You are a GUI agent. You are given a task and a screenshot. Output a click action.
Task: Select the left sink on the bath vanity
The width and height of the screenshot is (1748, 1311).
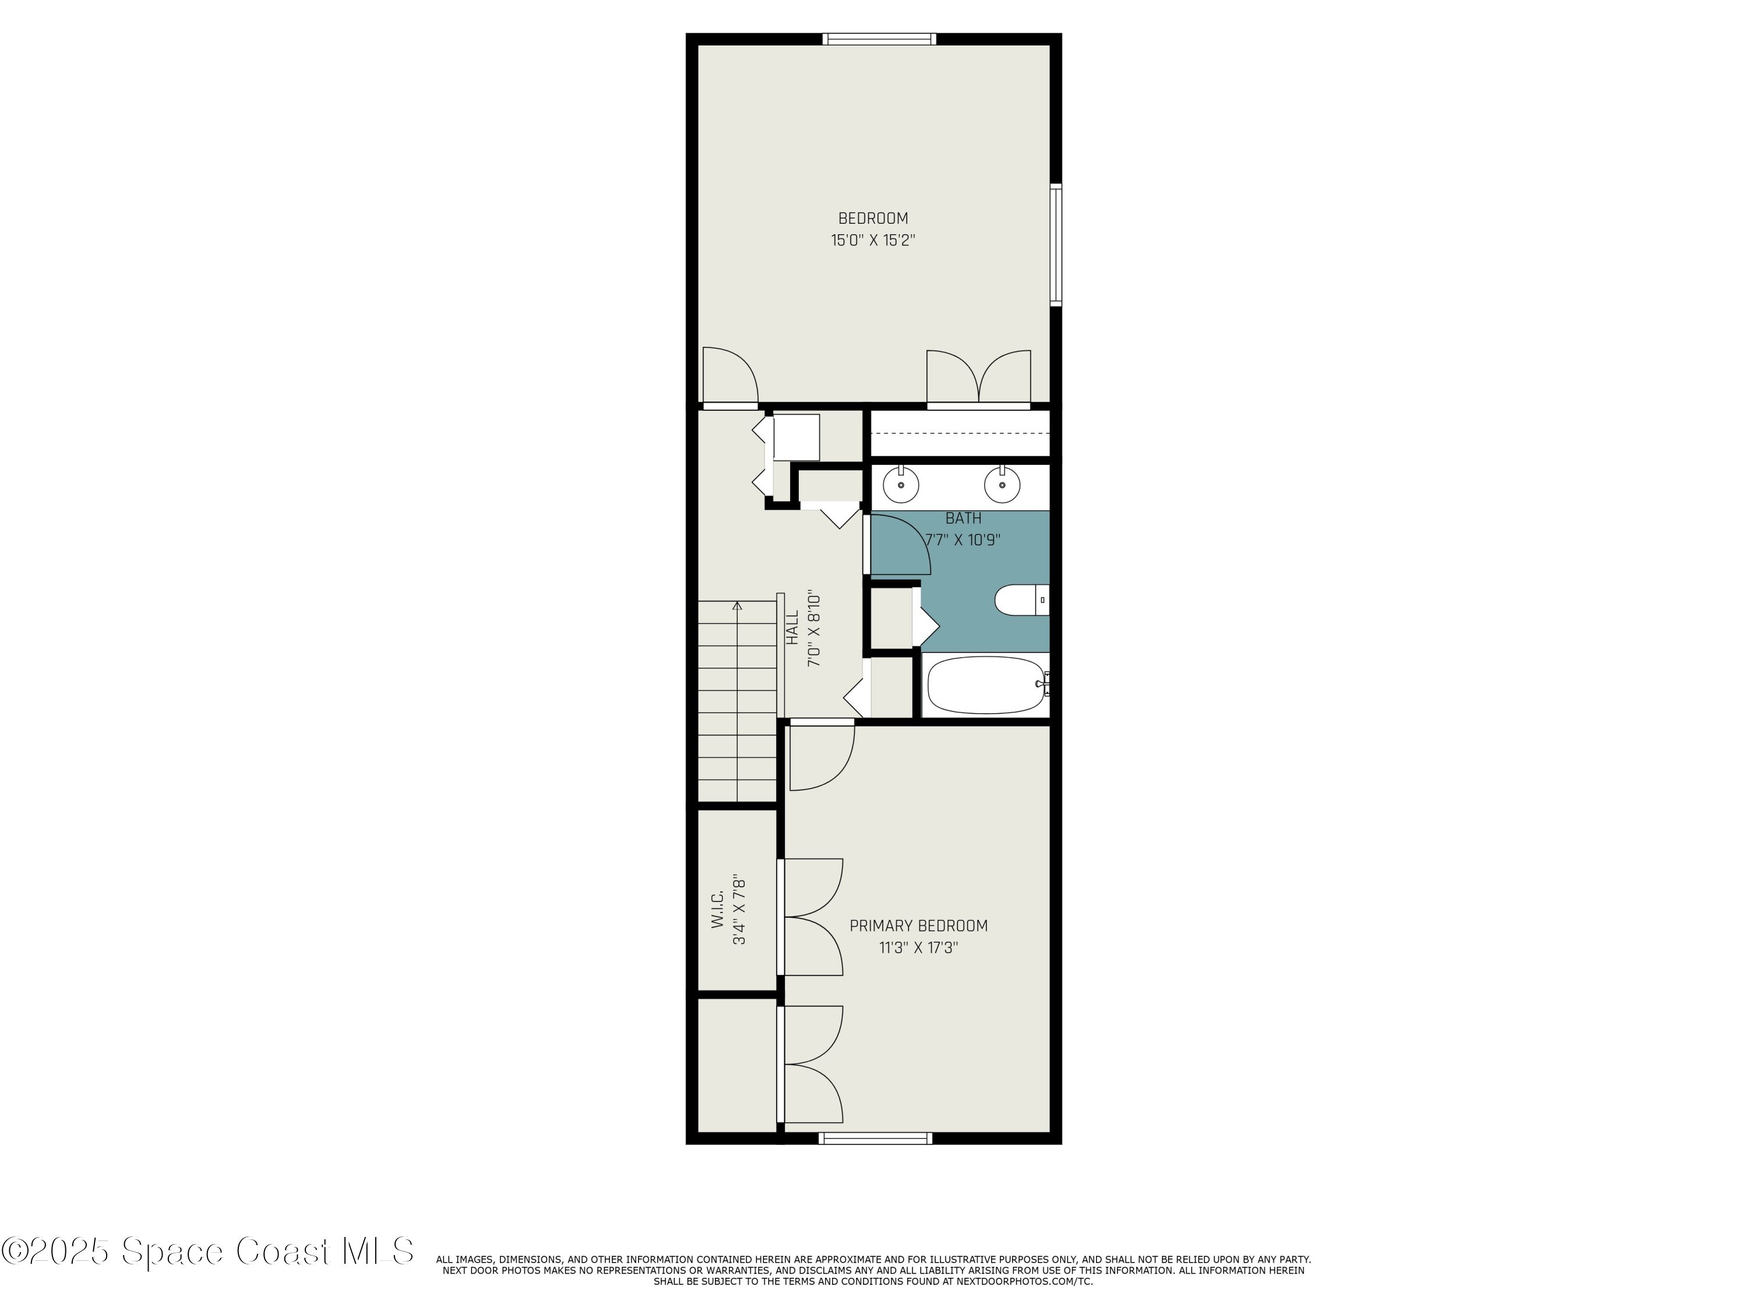tap(900, 484)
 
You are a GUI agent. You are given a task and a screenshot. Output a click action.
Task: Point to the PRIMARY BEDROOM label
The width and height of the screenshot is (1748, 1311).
tap(918, 925)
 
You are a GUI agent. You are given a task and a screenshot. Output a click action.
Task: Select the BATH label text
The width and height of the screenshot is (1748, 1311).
tap(963, 519)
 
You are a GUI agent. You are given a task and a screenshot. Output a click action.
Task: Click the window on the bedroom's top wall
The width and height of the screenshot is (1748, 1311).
tap(879, 38)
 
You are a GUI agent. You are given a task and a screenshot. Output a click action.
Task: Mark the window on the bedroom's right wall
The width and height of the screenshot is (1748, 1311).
tap(1056, 244)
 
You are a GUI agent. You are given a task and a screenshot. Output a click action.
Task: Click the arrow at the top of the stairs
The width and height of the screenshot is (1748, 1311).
tap(737, 606)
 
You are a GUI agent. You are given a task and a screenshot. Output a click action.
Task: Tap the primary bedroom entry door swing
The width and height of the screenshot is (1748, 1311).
tap(822, 756)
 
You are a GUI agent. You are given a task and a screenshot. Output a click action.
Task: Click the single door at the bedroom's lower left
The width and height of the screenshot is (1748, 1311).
tap(729, 376)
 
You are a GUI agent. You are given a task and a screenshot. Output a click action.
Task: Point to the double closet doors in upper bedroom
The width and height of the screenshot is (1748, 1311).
tap(978, 378)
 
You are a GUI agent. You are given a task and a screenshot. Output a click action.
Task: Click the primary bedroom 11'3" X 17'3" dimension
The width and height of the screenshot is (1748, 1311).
tap(918, 947)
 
